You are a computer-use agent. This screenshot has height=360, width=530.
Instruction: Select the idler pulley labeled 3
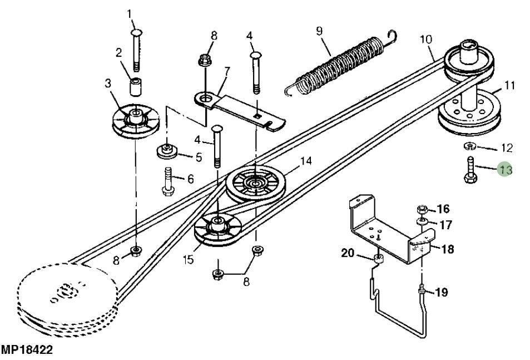(135, 121)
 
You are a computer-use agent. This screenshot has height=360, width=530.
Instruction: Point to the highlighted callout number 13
(505, 169)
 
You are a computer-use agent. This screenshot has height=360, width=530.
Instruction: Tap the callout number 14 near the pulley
(305, 161)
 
